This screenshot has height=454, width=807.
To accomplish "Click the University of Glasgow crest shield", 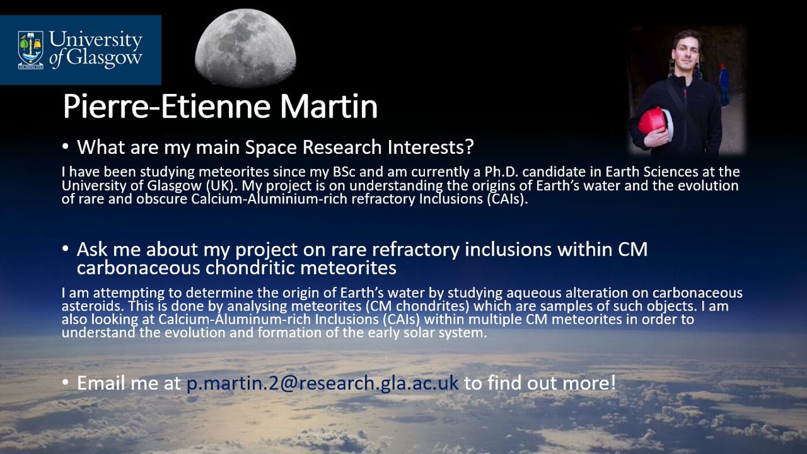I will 31,50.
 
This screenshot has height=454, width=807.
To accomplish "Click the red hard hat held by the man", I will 653,122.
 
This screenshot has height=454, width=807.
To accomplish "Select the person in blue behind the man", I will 723,84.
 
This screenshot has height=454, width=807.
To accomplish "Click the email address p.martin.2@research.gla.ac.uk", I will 323,383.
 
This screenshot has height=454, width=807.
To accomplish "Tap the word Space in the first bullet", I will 272,147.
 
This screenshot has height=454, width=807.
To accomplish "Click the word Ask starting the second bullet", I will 93,249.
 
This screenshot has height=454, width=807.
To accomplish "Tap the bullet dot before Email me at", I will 65,382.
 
